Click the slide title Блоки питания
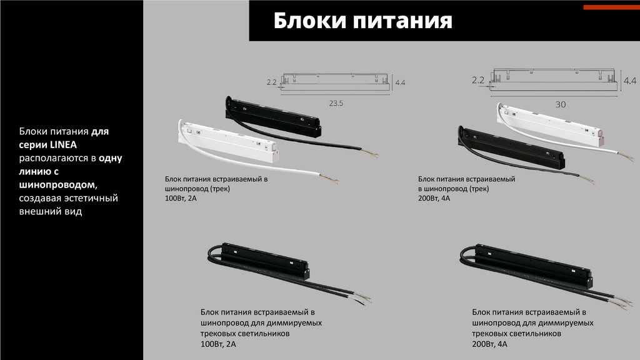[x=362, y=21]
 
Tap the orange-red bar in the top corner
[x=611, y=7]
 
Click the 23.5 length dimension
[x=336, y=103]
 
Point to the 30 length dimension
[x=561, y=104]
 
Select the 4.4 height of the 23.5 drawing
[x=400, y=82]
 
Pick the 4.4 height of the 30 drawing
[x=630, y=81]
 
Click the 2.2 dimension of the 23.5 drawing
[x=272, y=82]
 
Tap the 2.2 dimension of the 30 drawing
[x=478, y=80]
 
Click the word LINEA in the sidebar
[x=63, y=144]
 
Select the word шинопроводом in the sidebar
[x=57, y=185]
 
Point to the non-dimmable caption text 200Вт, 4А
[x=434, y=198]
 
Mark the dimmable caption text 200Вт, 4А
[x=490, y=344]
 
